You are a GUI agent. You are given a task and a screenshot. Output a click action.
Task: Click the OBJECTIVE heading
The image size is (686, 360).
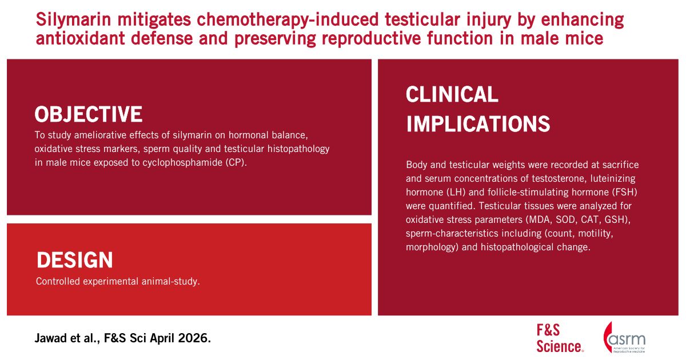pos(88,114)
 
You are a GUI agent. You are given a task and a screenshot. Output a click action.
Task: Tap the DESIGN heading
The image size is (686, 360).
pos(75,260)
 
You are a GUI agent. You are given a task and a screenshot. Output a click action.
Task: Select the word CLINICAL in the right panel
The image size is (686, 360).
pos(452,94)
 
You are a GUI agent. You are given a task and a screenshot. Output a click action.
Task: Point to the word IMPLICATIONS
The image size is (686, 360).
pos(478,123)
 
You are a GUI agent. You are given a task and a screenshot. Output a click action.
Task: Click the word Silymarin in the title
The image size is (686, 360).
pos(73,20)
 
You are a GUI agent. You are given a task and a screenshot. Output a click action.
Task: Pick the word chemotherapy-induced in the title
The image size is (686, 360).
pos(288,20)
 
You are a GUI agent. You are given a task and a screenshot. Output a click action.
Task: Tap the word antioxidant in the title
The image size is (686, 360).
pos(80,39)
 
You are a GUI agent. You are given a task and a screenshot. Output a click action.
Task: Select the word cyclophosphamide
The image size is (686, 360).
pos(182,162)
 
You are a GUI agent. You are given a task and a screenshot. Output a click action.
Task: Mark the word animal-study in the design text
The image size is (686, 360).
pos(170,281)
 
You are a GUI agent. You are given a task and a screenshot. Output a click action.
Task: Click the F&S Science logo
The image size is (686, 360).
pos(560,338)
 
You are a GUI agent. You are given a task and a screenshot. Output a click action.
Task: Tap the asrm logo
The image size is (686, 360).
pos(624,337)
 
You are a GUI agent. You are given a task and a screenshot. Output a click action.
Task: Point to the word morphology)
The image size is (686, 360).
pos(432,247)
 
